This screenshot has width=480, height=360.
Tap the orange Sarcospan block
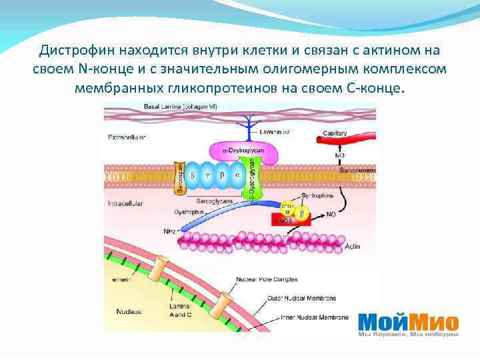(x=179, y=178)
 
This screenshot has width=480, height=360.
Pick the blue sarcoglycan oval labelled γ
(x=207, y=175)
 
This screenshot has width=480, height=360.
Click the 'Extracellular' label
(x=127, y=137)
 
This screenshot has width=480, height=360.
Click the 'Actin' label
(x=353, y=247)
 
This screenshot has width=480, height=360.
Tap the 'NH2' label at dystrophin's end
(x=169, y=231)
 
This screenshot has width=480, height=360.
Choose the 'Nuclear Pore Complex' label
(x=267, y=279)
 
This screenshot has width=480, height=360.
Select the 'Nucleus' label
(x=128, y=311)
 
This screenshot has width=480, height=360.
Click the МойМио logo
(x=409, y=323)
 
